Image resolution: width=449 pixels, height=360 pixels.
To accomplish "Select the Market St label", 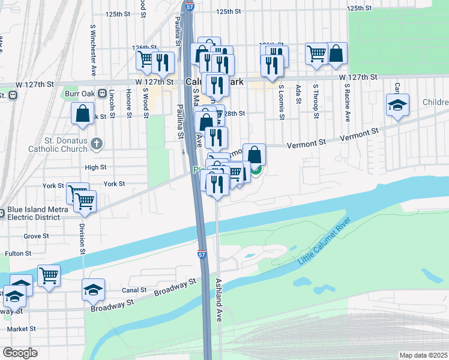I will (x=22, y=329).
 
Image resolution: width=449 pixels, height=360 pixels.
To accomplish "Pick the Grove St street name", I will (x=36, y=236).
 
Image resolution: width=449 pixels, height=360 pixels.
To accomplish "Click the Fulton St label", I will (x=17, y=254).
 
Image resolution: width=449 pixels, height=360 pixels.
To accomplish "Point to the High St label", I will (x=95, y=167).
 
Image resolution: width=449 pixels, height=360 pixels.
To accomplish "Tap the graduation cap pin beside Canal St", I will (x=93, y=290).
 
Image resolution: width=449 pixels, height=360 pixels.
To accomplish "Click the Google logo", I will (x=20, y=353).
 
